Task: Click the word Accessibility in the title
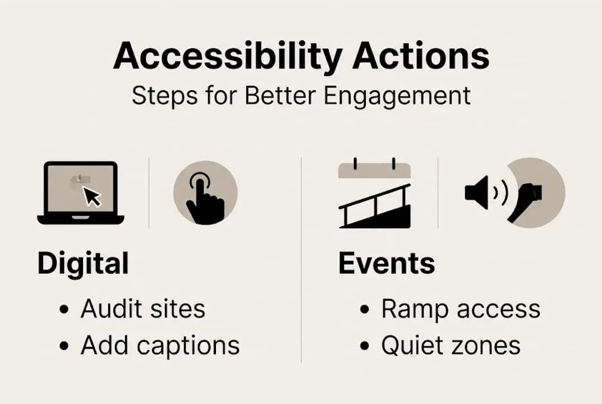[x=228, y=56]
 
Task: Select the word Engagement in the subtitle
[x=398, y=95]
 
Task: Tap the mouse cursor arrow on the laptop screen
[x=91, y=196]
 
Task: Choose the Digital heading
[x=83, y=264]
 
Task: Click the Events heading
[x=387, y=264]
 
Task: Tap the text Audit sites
[x=143, y=309]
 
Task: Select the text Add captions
[x=160, y=346]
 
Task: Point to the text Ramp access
[x=461, y=309]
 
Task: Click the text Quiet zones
[x=451, y=346]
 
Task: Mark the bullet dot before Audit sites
[x=66, y=310]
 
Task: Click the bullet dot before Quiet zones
[x=366, y=346]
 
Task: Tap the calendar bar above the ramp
[x=374, y=170]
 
